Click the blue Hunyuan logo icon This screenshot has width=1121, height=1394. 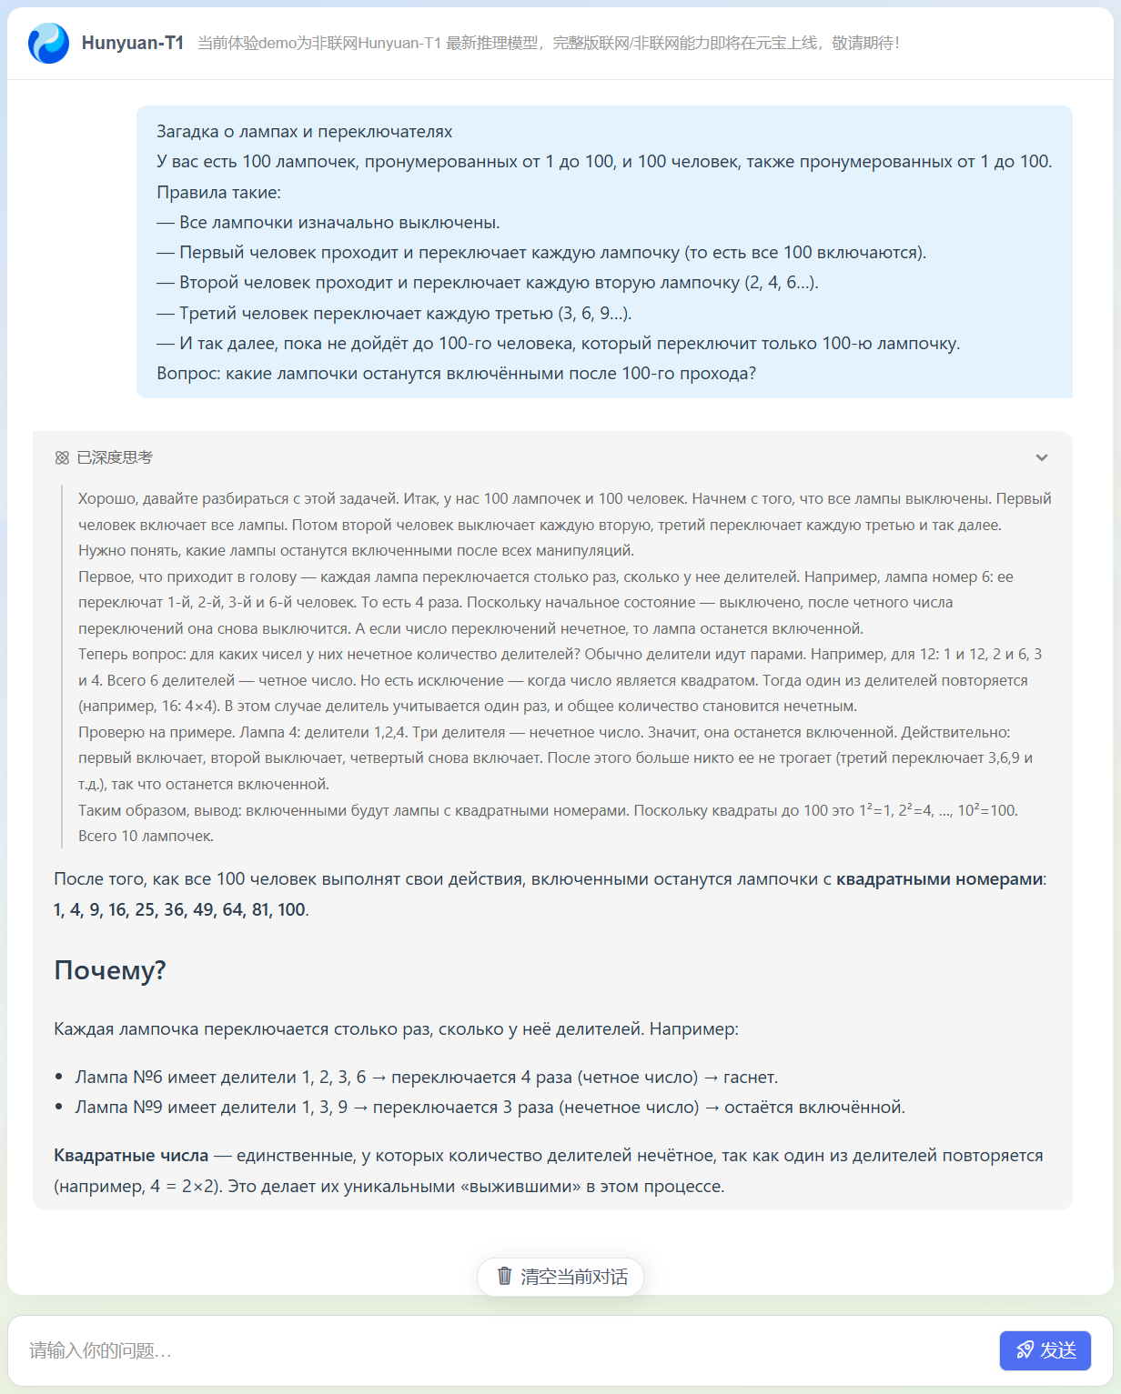(48, 43)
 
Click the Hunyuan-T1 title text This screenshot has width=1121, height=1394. (133, 43)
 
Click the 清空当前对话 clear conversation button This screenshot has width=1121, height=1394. (560, 1277)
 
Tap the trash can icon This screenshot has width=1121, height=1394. (505, 1276)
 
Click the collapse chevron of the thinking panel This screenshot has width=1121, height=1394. (1042, 457)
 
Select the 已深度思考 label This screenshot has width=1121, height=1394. (115, 457)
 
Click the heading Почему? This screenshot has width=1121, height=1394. (110, 970)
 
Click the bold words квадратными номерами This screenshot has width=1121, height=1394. (939, 879)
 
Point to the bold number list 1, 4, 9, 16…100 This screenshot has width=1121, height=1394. (179, 909)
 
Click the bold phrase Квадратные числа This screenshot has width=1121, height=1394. (131, 1156)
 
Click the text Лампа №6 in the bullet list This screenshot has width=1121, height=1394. (118, 1078)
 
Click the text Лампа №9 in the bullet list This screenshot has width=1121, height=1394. (118, 1108)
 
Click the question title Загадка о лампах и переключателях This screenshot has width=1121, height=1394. (304, 132)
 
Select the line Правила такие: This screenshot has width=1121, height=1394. (218, 193)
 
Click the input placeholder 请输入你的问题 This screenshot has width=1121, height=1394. (100, 1350)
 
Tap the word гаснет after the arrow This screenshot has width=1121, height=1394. (749, 1078)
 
